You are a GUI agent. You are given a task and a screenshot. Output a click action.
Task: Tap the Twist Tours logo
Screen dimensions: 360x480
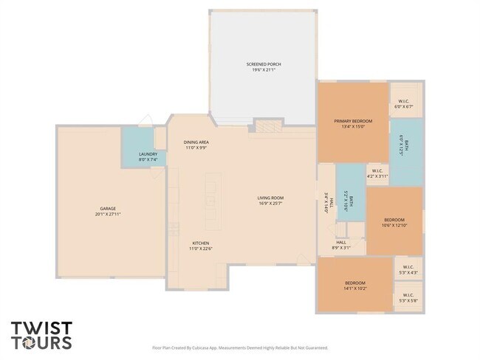click(x=41, y=334)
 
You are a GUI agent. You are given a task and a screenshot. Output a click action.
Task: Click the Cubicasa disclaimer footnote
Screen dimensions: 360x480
click(x=240, y=347)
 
